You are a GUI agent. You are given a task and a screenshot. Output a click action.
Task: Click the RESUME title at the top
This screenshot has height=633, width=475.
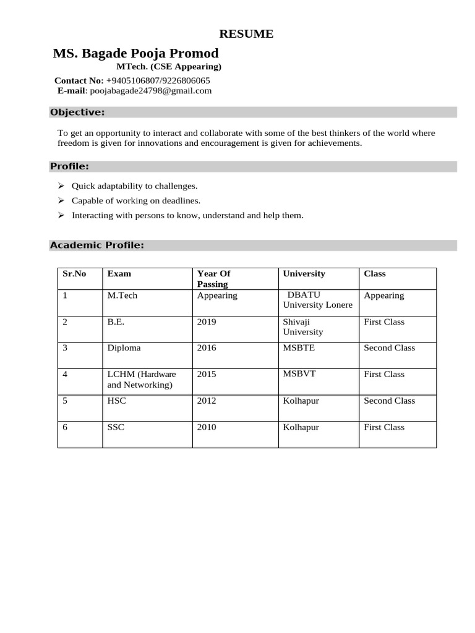[x=246, y=34]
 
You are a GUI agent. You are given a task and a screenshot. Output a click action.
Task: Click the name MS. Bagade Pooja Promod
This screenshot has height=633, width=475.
[x=135, y=53]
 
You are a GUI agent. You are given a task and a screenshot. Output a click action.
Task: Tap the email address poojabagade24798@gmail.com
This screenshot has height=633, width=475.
[x=150, y=91]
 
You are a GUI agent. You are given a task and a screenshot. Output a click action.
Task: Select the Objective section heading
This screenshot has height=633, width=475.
[x=77, y=112]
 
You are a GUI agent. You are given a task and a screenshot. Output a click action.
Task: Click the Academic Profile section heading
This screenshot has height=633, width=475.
[x=97, y=245]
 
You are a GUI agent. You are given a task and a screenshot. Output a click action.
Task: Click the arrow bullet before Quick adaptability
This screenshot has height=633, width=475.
[x=61, y=185]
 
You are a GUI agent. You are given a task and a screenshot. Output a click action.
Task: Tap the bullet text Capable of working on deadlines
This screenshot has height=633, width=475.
[x=136, y=200]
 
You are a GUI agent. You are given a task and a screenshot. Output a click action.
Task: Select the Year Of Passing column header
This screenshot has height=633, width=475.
[x=213, y=279]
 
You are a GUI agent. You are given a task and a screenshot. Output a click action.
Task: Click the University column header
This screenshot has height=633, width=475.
[x=304, y=273]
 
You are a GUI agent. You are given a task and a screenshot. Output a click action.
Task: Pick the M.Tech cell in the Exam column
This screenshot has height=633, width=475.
[x=122, y=295]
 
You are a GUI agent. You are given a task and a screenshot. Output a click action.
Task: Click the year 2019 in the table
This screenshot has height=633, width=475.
[x=207, y=321]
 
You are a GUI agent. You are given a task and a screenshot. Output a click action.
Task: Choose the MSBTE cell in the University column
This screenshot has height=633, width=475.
[x=299, y=347]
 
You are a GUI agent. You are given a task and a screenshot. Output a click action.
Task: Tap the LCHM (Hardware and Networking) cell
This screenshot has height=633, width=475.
[x=142, y=380]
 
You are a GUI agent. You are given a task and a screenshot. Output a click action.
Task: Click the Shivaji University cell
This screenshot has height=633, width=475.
[x=304, y=326]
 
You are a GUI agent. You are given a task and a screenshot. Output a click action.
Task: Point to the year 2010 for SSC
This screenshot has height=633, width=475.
[x=207, y=427]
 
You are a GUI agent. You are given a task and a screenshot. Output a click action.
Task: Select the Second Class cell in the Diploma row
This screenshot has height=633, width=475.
[x=389, y=347]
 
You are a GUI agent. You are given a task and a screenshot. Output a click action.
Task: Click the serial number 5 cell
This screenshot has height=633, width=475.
[x=65, y=401]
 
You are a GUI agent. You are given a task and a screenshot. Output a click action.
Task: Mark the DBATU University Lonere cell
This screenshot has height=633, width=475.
[x=317, y=300]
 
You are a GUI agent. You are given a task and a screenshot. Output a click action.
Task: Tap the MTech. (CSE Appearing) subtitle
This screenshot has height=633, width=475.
[x=169, y=67]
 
